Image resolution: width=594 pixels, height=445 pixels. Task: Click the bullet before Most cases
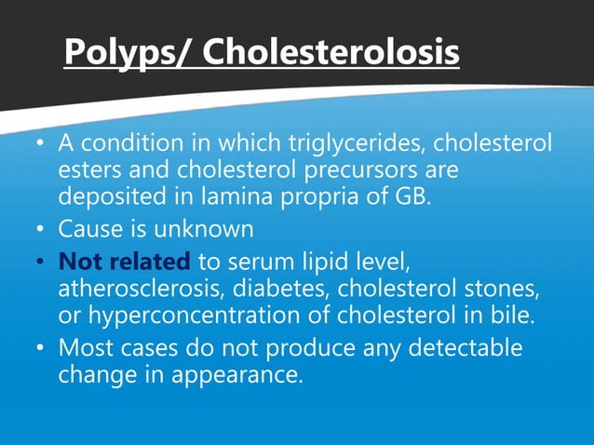(41, 349)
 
